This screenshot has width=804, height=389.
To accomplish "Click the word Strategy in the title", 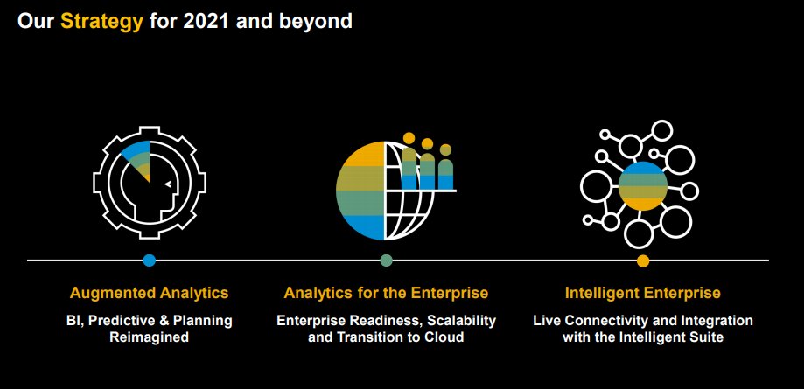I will pos(101,21).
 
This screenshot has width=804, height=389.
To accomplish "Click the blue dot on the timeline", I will pos(150,260).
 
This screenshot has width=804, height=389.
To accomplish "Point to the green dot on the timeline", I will pos(387,260).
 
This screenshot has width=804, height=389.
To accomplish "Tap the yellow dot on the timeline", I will pos(643,260).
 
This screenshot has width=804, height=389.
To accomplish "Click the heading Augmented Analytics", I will pos(150,292).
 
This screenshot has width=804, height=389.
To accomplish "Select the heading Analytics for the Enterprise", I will pos(386,292).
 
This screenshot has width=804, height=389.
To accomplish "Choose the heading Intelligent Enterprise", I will pos(643,292).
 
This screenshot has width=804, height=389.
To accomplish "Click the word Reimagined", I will pos(150,337).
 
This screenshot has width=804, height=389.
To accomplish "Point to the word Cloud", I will pos(445,337).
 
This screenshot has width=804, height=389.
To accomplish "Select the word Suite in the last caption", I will pos(705,337).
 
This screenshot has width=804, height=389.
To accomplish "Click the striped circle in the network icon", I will pos(643,185).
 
